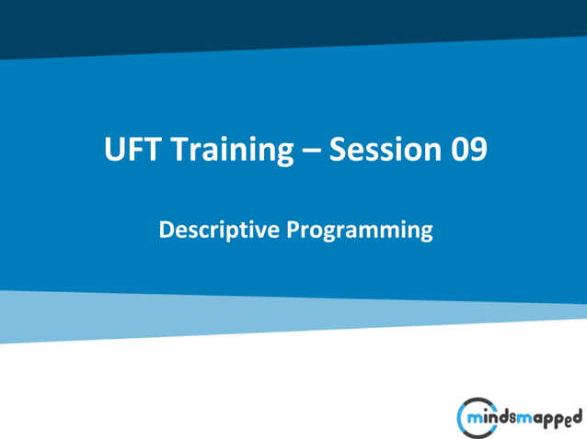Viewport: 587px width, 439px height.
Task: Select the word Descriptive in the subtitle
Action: [x=219, y=229]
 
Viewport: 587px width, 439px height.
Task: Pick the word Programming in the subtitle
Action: [x=359, y=231]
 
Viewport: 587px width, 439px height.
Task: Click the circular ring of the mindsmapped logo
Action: [x=464, y=417]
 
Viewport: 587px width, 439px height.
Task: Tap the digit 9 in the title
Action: [x=478, y=149]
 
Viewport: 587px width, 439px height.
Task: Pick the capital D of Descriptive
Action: [x=167, y=229]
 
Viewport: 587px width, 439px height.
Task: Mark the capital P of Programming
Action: [x=293, y=229]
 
